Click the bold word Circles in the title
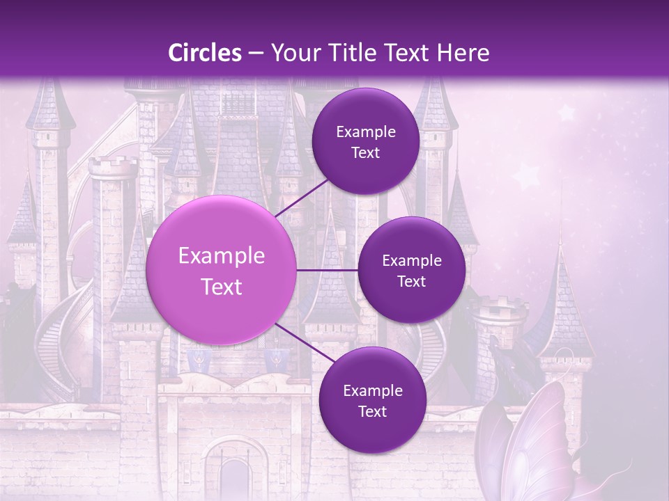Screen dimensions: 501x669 205,53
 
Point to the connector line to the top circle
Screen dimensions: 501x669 301,195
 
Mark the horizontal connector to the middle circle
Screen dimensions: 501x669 328,270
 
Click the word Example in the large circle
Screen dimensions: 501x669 222,256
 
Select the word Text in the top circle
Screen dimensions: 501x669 365,152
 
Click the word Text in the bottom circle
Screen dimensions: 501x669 372,411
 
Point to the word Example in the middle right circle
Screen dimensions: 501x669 411,261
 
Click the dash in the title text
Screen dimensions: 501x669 256,53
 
